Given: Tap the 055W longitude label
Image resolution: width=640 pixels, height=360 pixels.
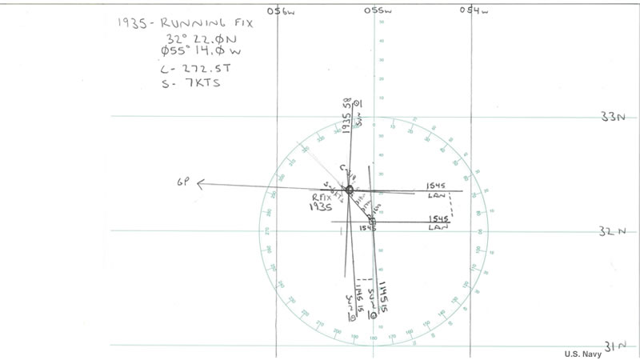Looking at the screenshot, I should pyautogui.click(x=377, y=10).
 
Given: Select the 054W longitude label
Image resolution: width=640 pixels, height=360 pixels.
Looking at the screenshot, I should pyautogui.click(x=474, y=10).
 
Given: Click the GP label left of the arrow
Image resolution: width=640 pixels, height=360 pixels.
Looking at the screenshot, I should pyautogui.click(x=183, y=183).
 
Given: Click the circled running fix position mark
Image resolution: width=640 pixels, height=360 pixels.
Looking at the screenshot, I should pyautogui.click(x=349, y=190).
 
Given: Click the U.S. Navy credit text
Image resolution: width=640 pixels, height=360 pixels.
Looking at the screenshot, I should pyautogui.click(x=582, y=354).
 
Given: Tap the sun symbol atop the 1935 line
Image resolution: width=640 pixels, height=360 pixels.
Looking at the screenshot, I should pyautogui.click(x=358, y=104).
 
